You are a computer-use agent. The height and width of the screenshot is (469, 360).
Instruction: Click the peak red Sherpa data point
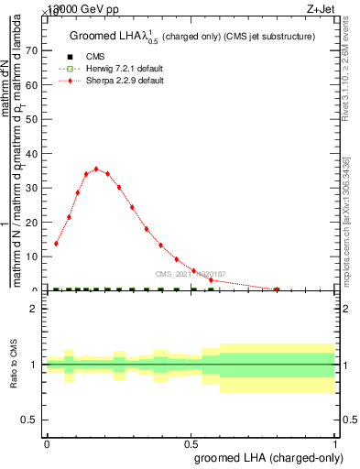point(96,169)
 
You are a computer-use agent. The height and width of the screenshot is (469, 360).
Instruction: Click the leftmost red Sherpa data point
point(57,244)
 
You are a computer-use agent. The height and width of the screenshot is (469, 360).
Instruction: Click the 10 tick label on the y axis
point(36,256)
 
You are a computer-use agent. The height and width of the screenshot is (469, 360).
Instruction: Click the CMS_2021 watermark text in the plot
point(191,274)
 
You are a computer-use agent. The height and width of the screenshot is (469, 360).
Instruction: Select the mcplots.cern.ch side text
point(347,220)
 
